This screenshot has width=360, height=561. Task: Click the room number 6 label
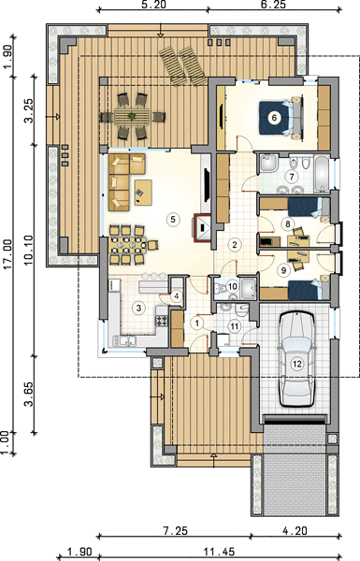point(274,118)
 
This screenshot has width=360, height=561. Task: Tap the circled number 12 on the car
point(296,364)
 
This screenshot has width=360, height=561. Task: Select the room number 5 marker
point(173,219)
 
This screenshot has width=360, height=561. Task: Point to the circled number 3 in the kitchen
point(138,308)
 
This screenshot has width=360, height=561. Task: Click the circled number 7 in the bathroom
point(292,177)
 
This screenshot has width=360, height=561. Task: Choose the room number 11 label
point(235,326)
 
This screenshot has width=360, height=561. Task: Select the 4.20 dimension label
point(295,530)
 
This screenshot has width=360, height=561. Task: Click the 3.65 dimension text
point(29,394)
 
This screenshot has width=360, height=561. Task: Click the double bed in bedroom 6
point(281,118)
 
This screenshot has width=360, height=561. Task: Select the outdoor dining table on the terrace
point(133,116)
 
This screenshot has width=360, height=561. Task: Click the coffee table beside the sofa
point(143,193)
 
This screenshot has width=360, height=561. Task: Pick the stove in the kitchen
point(162,320)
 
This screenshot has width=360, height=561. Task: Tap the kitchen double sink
point(125,341)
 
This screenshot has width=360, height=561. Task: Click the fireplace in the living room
point(203,228)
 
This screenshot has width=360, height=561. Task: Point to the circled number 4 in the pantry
point(176,296)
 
